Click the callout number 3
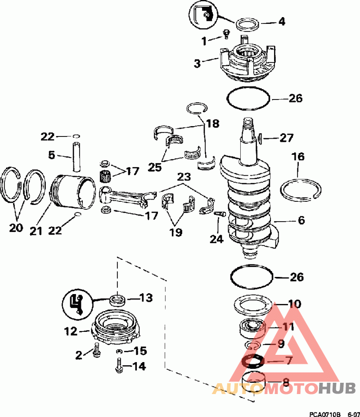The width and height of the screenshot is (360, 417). [198, 63]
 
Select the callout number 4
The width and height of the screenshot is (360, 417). [282, 21]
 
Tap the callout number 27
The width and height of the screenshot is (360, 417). [286, 138]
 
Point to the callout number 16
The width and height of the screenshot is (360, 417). [298, 157]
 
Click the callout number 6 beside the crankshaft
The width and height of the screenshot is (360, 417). [301, 220]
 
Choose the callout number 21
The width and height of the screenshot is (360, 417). [36, 231]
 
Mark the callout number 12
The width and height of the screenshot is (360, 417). [71, 331]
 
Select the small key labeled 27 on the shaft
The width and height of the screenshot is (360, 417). [261, 137]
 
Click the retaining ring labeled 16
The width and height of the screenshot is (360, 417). [300, 188]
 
